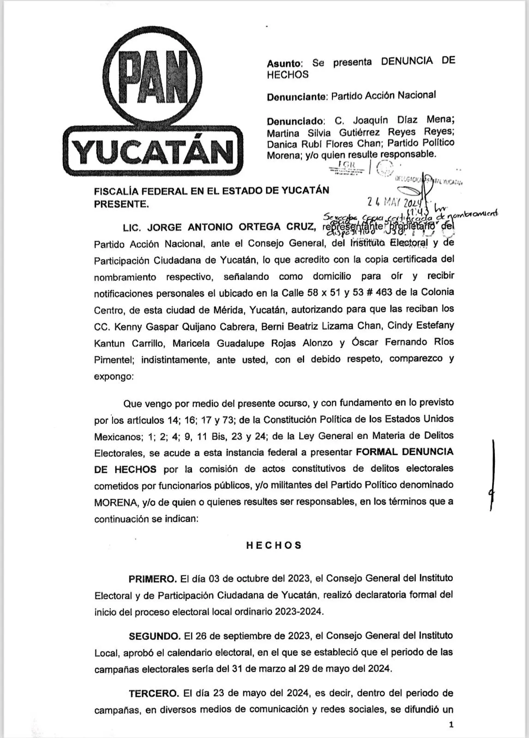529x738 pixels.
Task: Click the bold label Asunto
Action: point(284,64)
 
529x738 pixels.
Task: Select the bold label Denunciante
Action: point(296,97)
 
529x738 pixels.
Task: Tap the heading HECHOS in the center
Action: point(273,545)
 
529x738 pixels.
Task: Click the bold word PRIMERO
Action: point(152,578)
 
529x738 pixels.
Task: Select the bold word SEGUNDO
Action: point(154,636)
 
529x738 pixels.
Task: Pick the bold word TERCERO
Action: point(153,693)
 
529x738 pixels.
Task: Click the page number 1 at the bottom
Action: point(451,725)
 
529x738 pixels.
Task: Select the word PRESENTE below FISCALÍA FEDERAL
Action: point(121,203)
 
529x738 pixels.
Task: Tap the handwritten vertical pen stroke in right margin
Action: point(492,475)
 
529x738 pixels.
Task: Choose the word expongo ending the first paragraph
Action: point(113,376)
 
